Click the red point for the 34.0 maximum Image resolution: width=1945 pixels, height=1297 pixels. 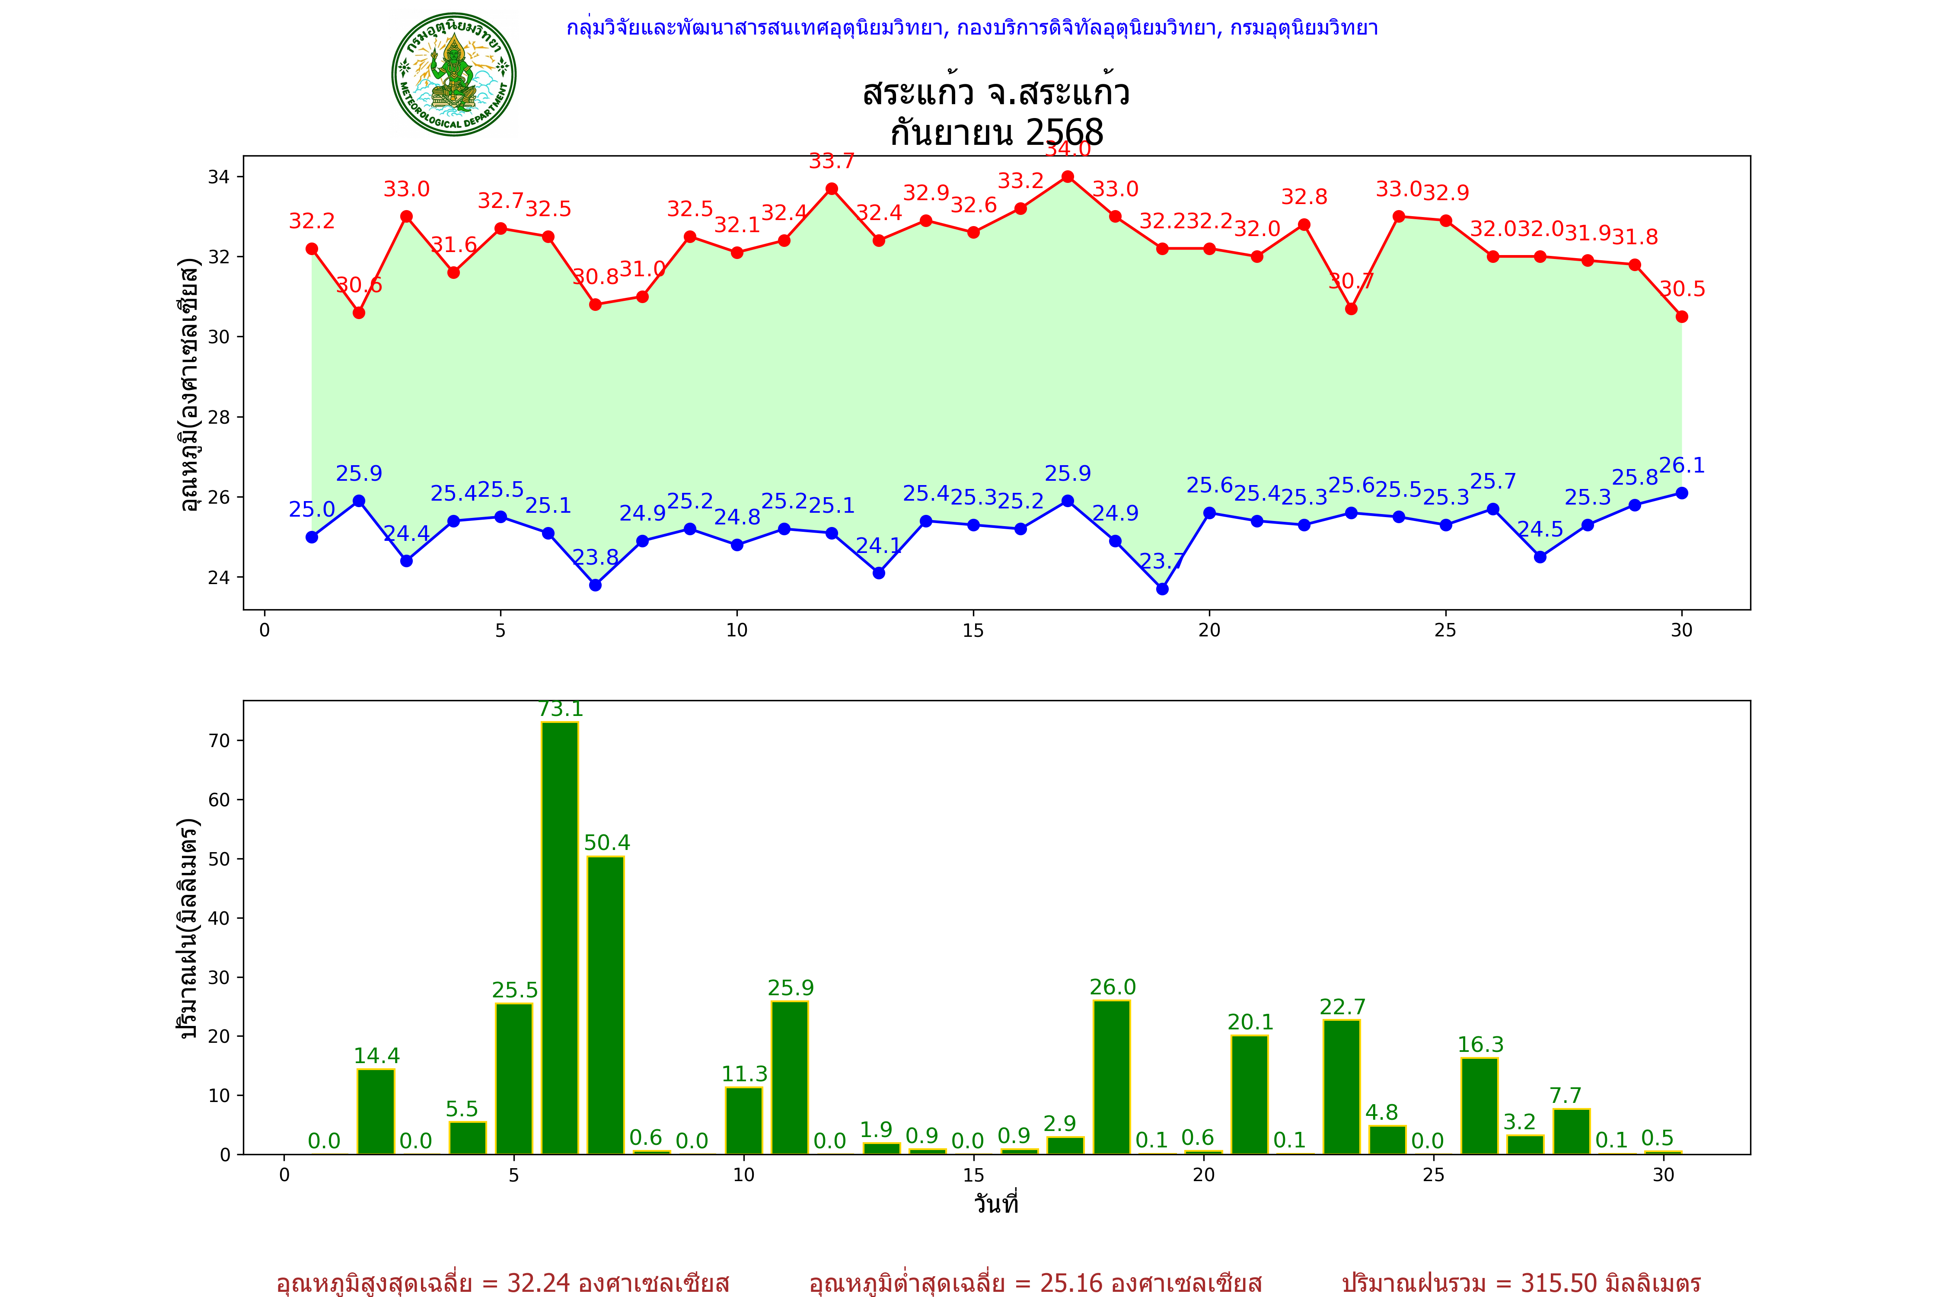1068,177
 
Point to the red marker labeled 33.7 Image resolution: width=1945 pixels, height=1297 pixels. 832,188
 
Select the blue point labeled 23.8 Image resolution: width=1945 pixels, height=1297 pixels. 596,585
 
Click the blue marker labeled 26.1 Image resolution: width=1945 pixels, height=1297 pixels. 1681,493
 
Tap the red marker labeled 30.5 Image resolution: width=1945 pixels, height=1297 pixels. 1681,317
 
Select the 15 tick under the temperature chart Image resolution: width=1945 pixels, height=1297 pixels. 973,630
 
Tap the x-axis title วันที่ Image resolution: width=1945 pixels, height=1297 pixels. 996,1204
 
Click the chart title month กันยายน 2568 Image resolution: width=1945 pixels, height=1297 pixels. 996,132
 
